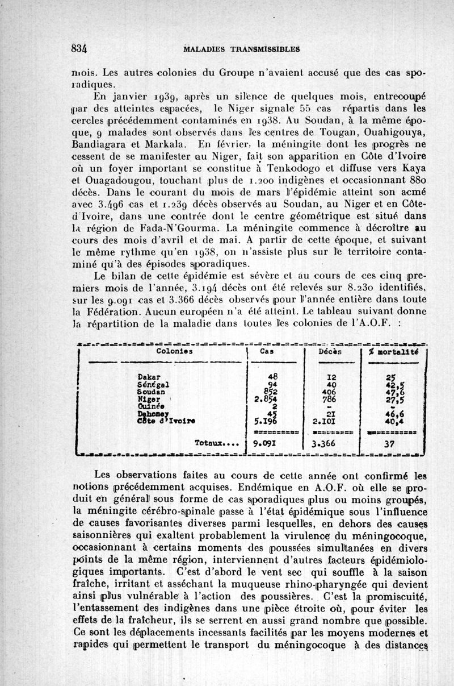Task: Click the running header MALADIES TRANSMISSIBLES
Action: (x=242, y=49)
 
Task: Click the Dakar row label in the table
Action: (x=148, y=377)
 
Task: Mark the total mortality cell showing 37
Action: (x=389, y=445)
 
